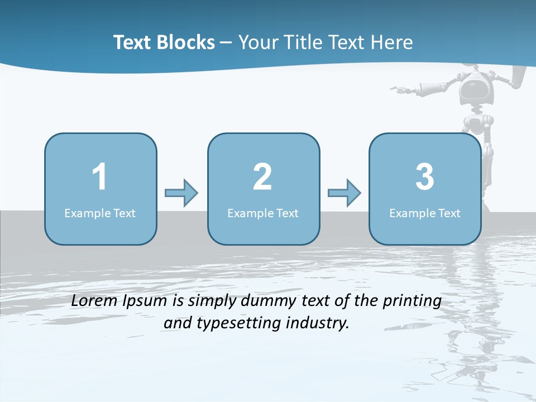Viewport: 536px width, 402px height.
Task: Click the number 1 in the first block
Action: click(99, 177)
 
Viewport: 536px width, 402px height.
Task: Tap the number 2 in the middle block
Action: click(262, 177)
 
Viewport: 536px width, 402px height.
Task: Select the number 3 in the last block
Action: click(425, 177)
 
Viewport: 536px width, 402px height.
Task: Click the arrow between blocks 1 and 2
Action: click(181, 193)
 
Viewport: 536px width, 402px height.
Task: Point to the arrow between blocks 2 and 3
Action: click(344, 193)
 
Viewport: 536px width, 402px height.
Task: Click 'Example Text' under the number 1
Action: click(100, 213)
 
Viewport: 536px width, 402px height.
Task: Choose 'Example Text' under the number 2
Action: click(263, 213)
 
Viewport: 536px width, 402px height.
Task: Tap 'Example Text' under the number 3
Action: click(425, 213)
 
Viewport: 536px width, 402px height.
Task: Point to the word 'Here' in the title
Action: click(391, 42)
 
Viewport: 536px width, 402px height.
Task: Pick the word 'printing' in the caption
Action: click(412, 301)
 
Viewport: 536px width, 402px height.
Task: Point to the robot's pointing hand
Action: click(399, 88)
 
